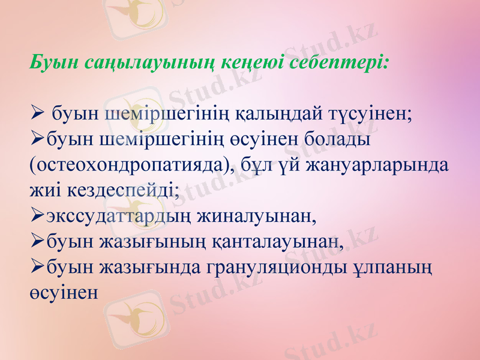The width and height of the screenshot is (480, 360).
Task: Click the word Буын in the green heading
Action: click(x=51, y=62)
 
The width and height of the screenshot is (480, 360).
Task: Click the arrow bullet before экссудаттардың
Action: click(x=36, y=216)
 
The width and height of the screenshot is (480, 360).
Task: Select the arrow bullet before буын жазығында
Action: click(x=36, y=268)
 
